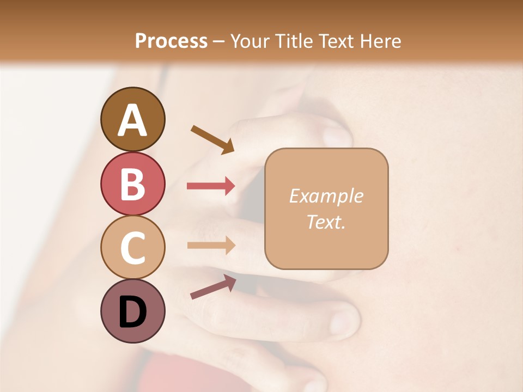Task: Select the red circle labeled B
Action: [x=132, y=183]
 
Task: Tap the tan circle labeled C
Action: [x=132, y=248]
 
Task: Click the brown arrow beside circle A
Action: [x=212, y=139]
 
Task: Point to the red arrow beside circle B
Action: [x=211, y=186]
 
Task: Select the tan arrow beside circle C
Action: [x=211, y=246]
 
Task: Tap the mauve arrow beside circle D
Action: [x=213, y=287]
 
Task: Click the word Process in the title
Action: [x=171, y=41]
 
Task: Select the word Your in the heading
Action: [x=250, y=41]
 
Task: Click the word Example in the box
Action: [x=326, y=196]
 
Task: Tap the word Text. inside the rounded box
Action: [x=326, y=222]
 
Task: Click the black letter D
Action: [x=132, y=313]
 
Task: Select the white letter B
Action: [x=132, y=184]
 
